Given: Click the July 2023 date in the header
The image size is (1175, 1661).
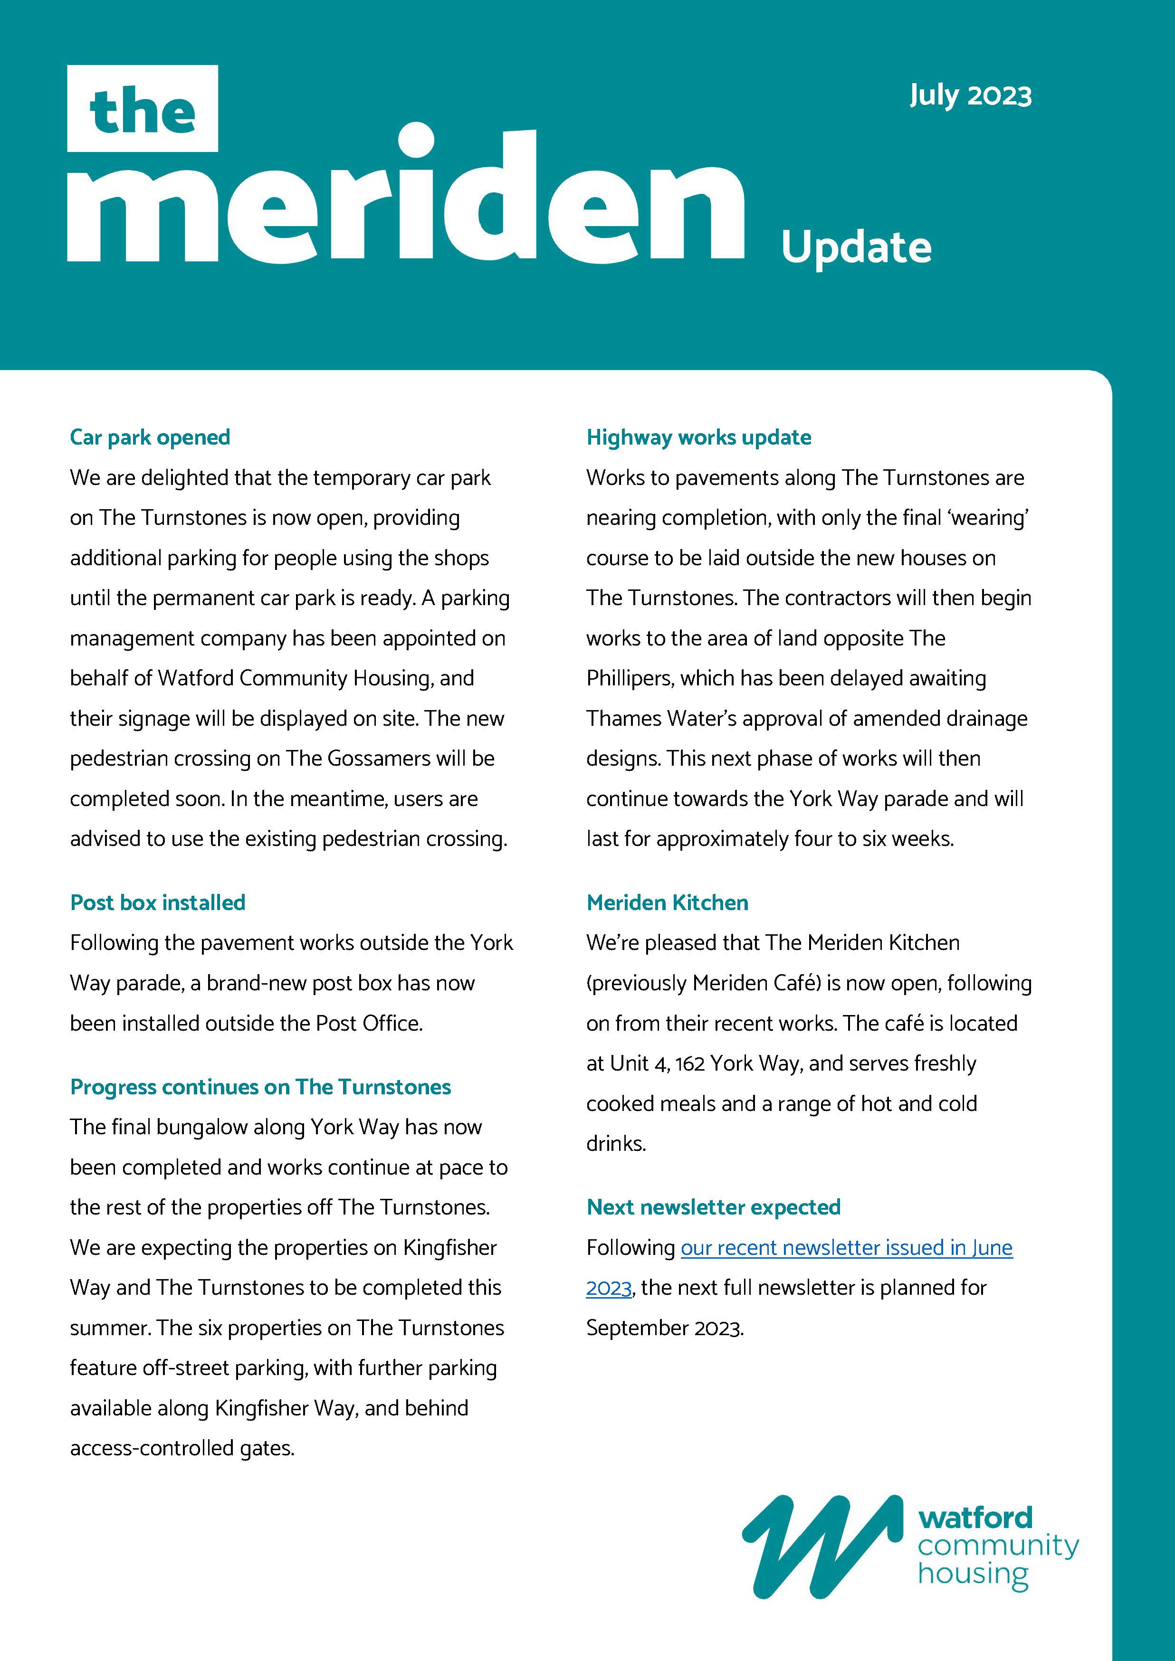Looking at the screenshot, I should coord(970,95).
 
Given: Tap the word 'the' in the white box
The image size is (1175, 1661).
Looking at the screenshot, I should coord(143,110).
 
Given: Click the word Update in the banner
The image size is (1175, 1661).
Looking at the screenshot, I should coord(856,247).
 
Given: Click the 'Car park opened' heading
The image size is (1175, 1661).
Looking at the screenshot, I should coord(150,437).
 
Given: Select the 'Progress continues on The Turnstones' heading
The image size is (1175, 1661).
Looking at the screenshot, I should coord(260,1087).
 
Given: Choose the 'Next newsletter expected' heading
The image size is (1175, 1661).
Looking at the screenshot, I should coord(713,1207).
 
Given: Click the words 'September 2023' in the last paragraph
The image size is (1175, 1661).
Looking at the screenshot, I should coord(664,1328).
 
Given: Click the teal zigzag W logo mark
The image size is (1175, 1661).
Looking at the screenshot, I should coord(821,1545).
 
